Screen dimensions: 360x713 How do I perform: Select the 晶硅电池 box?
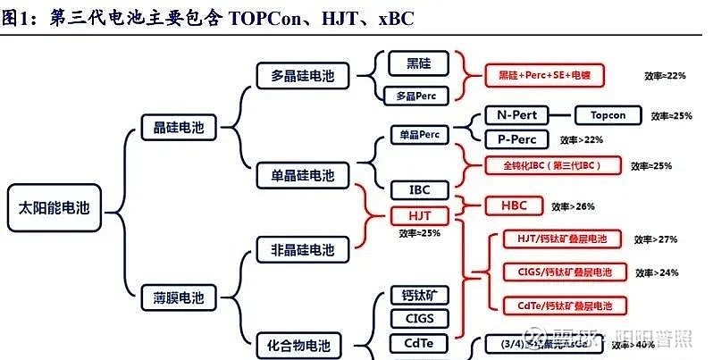173,128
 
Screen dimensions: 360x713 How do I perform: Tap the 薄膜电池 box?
173,296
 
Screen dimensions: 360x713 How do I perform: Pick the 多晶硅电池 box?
302,76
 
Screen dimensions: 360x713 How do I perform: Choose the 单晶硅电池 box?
302,174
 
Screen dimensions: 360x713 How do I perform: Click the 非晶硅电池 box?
302,248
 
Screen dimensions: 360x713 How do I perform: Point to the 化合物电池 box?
302,343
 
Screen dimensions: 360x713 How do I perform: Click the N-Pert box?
516,115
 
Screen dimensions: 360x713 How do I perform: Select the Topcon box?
608,115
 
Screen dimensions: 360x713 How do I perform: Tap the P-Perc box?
516,138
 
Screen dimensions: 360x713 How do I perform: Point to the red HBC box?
514,205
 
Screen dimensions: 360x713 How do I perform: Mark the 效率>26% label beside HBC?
573,206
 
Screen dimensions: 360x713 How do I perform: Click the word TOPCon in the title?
266,18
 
